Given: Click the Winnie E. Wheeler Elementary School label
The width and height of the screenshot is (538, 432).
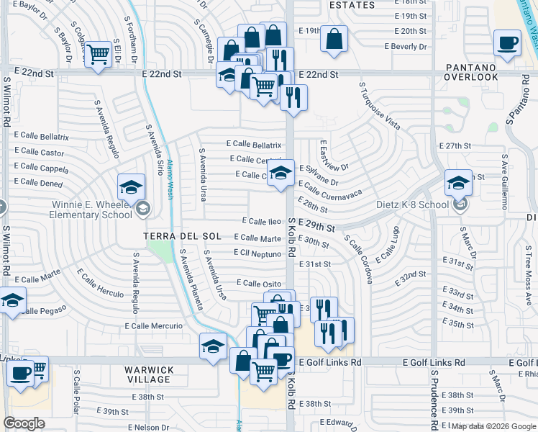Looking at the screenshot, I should point(91,209).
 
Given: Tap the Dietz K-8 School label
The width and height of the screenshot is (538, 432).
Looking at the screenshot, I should point(412,204).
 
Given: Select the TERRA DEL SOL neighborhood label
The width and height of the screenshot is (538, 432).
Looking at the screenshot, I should point(181,235).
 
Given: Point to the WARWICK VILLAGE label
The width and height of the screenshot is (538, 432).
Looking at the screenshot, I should point(149,375).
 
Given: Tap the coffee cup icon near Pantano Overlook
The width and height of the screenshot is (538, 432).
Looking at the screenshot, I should point(507,43).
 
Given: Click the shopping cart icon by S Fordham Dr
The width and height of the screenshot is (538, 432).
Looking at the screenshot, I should point(98,56).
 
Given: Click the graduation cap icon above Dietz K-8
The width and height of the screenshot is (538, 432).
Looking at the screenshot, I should point(458,182).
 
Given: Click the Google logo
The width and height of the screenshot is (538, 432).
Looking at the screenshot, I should point(24,423).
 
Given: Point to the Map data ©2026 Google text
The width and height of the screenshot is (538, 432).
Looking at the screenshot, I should point(493,426).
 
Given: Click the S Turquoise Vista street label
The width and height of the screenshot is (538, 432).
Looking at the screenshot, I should point(379,105).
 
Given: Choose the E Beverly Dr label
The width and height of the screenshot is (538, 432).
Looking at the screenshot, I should point(406,46).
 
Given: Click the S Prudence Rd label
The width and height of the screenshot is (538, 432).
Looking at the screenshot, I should point(435,400).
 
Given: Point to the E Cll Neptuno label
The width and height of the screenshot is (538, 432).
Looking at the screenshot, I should point(257,253).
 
